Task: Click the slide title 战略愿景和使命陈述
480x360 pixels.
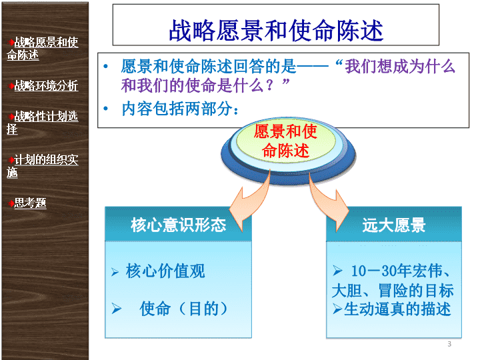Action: (276, 30)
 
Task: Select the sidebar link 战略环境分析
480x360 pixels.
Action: (46, 86)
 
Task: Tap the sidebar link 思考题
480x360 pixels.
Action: (30, 203)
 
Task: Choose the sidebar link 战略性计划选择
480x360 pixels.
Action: (42, 123)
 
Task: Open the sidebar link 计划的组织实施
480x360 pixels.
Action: (42, 165)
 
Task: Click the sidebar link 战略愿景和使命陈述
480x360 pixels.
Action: (42, 49)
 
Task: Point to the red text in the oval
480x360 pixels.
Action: (285, 141)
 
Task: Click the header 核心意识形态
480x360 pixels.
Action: (178, 225)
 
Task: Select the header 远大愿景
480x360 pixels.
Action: (394, 225)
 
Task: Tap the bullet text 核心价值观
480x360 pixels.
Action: (165, 271)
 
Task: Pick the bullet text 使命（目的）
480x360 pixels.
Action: (184, 308)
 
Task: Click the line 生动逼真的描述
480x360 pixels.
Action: (397, 309)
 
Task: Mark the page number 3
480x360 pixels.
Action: (449, 344)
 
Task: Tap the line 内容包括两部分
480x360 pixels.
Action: (180, 109)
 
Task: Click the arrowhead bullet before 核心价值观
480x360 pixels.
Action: (115, 272)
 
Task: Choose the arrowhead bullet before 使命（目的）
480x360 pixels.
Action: (117, 309)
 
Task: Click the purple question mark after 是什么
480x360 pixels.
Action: (269, 85)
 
